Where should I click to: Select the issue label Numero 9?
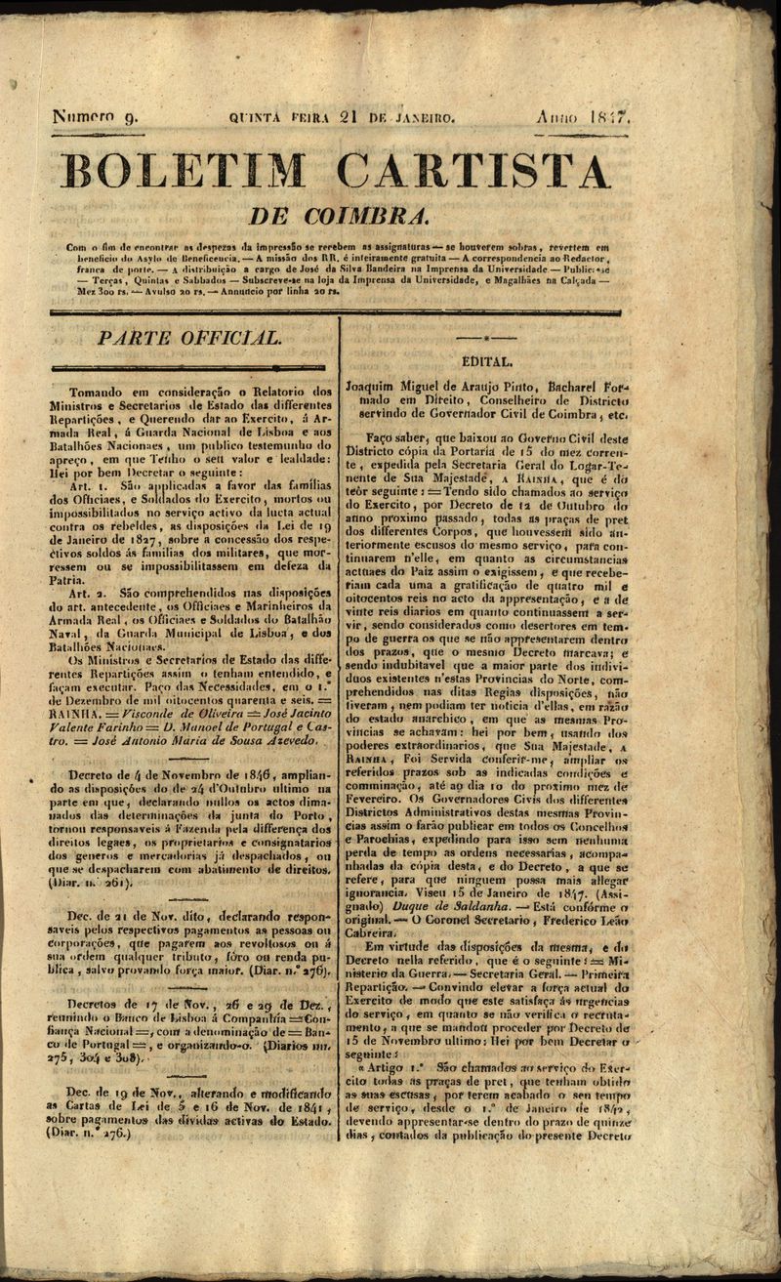101,118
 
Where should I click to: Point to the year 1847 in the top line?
612,117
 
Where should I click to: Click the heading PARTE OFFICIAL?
190,338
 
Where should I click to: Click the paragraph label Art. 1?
88,483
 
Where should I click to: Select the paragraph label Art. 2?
89,592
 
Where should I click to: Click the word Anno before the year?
557,117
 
